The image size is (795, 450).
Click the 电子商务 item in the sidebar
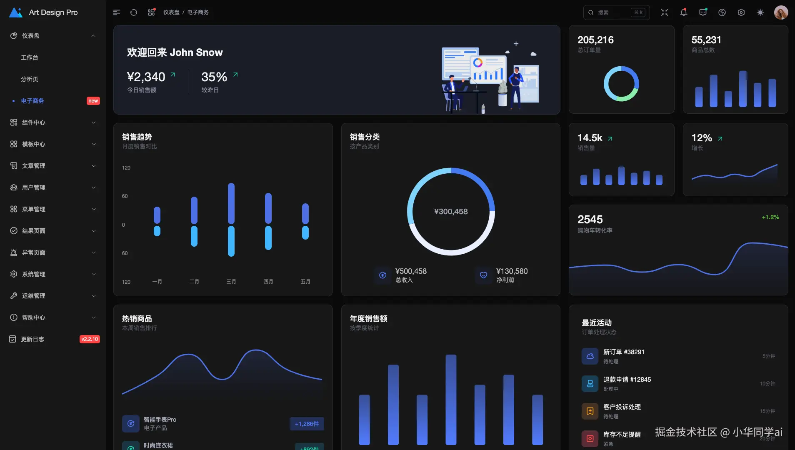click(32, 101)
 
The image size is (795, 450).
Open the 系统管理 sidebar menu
click(33, 274)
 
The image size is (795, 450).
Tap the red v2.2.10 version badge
click(90, 339)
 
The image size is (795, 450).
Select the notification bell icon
click(684, 12)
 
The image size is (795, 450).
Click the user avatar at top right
click(781, 12)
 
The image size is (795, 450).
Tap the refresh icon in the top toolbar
click(134, 12)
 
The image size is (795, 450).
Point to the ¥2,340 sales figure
click(146, 77)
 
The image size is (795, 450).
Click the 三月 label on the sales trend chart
click(231, 282)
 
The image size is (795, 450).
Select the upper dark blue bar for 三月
click(231, 203)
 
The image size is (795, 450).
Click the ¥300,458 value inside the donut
click(451, 212)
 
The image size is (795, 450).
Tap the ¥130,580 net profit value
click(512, 271)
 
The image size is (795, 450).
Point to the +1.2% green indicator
click(770, 217)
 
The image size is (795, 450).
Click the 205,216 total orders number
click(595, 40)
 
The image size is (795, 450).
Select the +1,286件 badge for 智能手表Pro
click(307, 424)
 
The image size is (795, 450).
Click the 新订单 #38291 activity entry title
click(624, 352)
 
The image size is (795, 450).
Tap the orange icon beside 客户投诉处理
click(590, 411)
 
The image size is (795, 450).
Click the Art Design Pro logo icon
click(16, 12)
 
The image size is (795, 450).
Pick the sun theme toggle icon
click(760, 12)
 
